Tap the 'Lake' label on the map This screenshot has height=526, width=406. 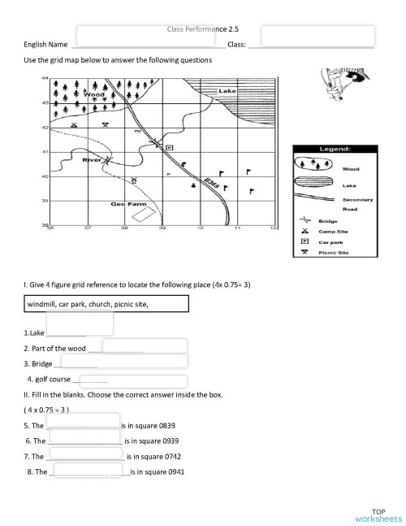click(227, 91)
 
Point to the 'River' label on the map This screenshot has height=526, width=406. click(92, 160)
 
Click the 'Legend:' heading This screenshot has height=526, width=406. click(334, 150)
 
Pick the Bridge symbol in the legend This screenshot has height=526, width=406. click(305, 220)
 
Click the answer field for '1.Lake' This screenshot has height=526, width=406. click(80, 324)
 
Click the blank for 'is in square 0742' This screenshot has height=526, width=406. click(88, 455)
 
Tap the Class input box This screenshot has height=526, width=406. click(317, 36)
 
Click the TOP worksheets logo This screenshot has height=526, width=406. click(378, 513)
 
